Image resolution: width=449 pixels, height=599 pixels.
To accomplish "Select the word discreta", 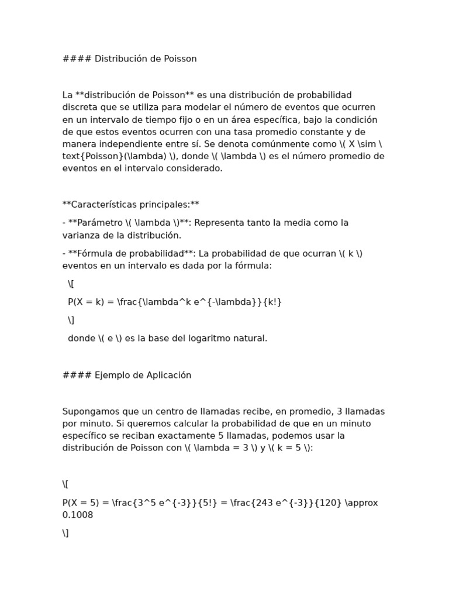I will (81, 107).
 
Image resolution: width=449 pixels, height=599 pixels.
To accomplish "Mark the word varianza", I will (82, 235).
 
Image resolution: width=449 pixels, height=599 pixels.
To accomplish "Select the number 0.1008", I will (78, 515).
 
